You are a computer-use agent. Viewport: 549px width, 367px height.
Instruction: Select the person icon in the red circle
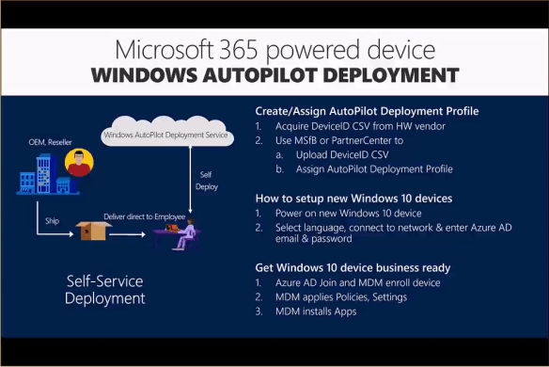pos(80,164)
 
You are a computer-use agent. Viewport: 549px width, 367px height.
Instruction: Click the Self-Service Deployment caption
pos(105,290)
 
